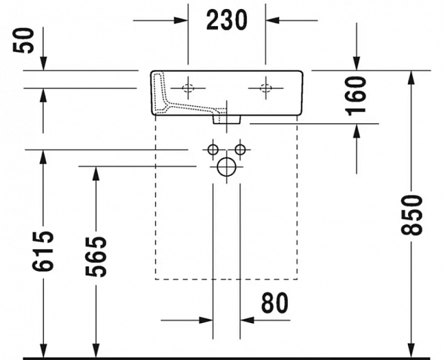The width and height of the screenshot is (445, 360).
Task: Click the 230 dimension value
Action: click(x=226, y=21)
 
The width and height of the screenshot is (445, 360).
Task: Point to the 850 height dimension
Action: click(x=412, y=215)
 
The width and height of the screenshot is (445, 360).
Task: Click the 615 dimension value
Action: click(x=44, y=252)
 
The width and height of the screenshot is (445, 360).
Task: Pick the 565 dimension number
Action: click(x=95, y=256)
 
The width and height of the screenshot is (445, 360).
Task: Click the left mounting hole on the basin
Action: click(x=188, y=88)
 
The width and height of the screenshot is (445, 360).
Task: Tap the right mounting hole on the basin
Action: click(x=266, y=88)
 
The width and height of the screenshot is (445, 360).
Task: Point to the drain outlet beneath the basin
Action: click(x=226, y=117)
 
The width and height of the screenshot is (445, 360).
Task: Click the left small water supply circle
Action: click(x=213, y=150)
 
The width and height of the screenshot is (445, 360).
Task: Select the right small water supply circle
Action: click(x=240, y=150)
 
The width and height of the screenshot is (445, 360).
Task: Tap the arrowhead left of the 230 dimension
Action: click(x=181, y=20)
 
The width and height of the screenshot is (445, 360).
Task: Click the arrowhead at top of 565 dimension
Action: click(x=95, y=171)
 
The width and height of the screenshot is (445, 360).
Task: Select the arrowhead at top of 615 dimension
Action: click(x=44, y=154)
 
